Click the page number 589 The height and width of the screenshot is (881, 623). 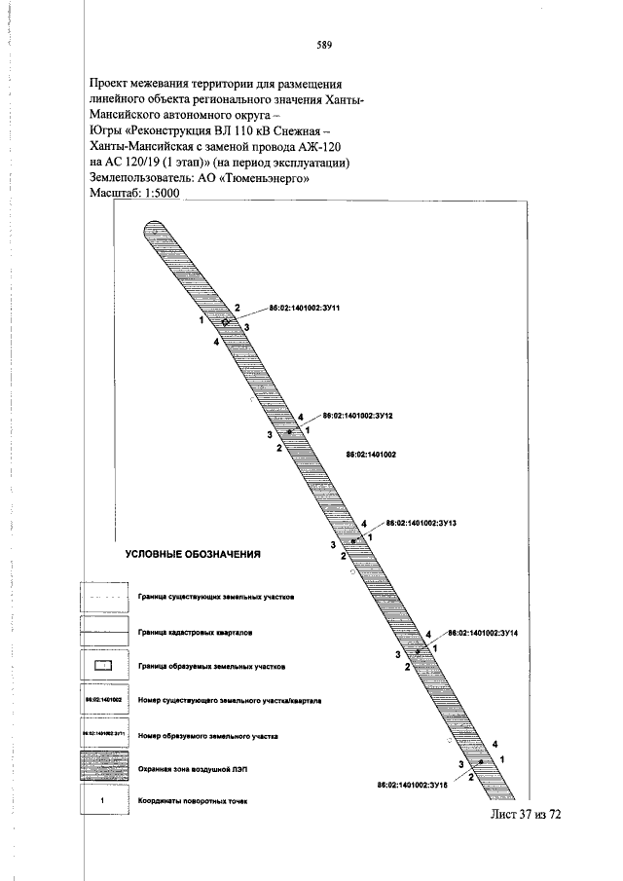point(325,44)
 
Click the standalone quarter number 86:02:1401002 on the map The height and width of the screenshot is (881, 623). point(370,455)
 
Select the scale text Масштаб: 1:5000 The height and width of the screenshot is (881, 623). point(135,194)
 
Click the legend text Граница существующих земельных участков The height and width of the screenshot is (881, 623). point(216,596)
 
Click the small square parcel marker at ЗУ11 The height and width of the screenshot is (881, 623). point(225,322)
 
